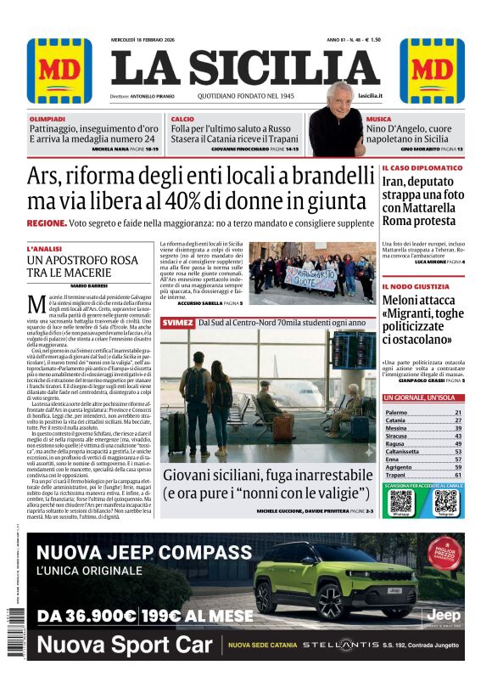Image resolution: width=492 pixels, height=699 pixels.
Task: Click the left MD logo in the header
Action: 59,70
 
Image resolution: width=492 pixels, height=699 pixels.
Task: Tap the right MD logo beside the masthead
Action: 432,70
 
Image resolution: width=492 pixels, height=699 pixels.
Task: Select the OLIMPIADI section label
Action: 47,119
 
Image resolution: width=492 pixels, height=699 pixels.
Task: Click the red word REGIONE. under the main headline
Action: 47,223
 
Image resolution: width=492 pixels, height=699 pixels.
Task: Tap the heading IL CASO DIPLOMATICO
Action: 422,168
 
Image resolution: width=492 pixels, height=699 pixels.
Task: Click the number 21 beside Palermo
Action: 458,412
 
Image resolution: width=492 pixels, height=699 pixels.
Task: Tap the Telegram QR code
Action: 445,500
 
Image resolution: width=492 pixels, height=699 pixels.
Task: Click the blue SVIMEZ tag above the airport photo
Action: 177,323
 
